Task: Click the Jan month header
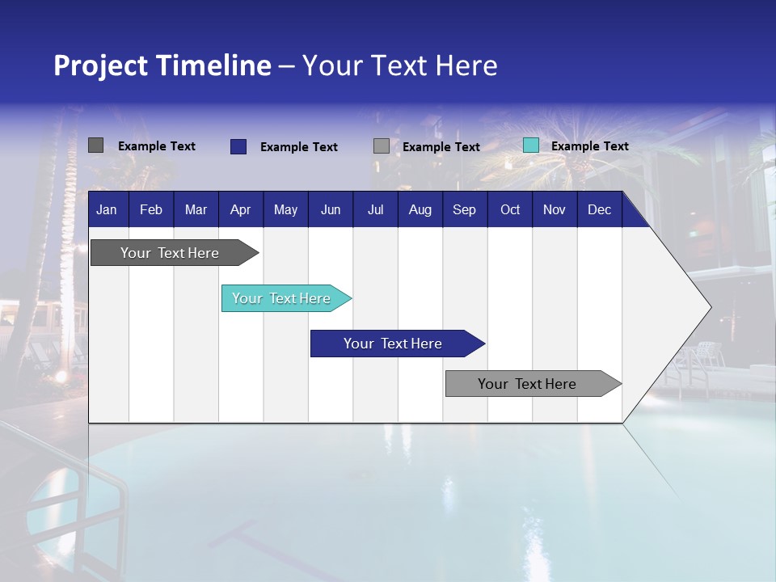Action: pos(107,209)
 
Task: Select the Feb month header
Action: pos(151,209)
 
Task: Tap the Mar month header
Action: pos(196,209)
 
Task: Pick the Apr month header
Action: pos(240,209)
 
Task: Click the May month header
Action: pos(285,209)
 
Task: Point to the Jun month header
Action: pos(331,209)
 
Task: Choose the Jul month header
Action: pos(375,209)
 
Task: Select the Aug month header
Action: pos(420,209)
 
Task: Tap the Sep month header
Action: pos(464,209)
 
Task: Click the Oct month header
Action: pos(510,209)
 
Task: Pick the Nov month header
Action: pos(555,209)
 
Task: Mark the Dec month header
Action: pos(600,209)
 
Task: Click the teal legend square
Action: pos(530,145)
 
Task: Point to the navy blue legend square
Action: pos(238,146)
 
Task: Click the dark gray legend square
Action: pos(96,145)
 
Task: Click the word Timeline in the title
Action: pos(216,65)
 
